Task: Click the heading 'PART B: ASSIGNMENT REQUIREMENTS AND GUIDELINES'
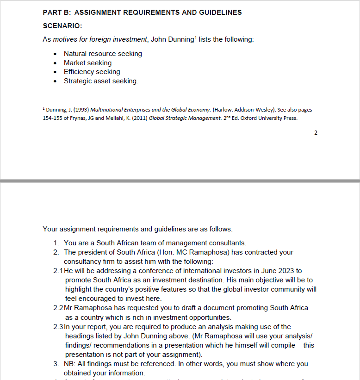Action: click(x=142, y=12)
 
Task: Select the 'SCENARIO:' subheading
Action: click(x=62, y=26)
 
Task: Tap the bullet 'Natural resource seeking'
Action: click(x=103, y=54)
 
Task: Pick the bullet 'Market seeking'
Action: click(x=87, y=63)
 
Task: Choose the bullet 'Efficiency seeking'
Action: click(x=92, y=72)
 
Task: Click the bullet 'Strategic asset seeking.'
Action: click(x=101, y=81)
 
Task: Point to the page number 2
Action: click(x=316, y=133)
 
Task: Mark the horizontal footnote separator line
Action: click(x=85, y=103)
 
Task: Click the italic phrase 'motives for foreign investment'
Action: click(x=100, y=39)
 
